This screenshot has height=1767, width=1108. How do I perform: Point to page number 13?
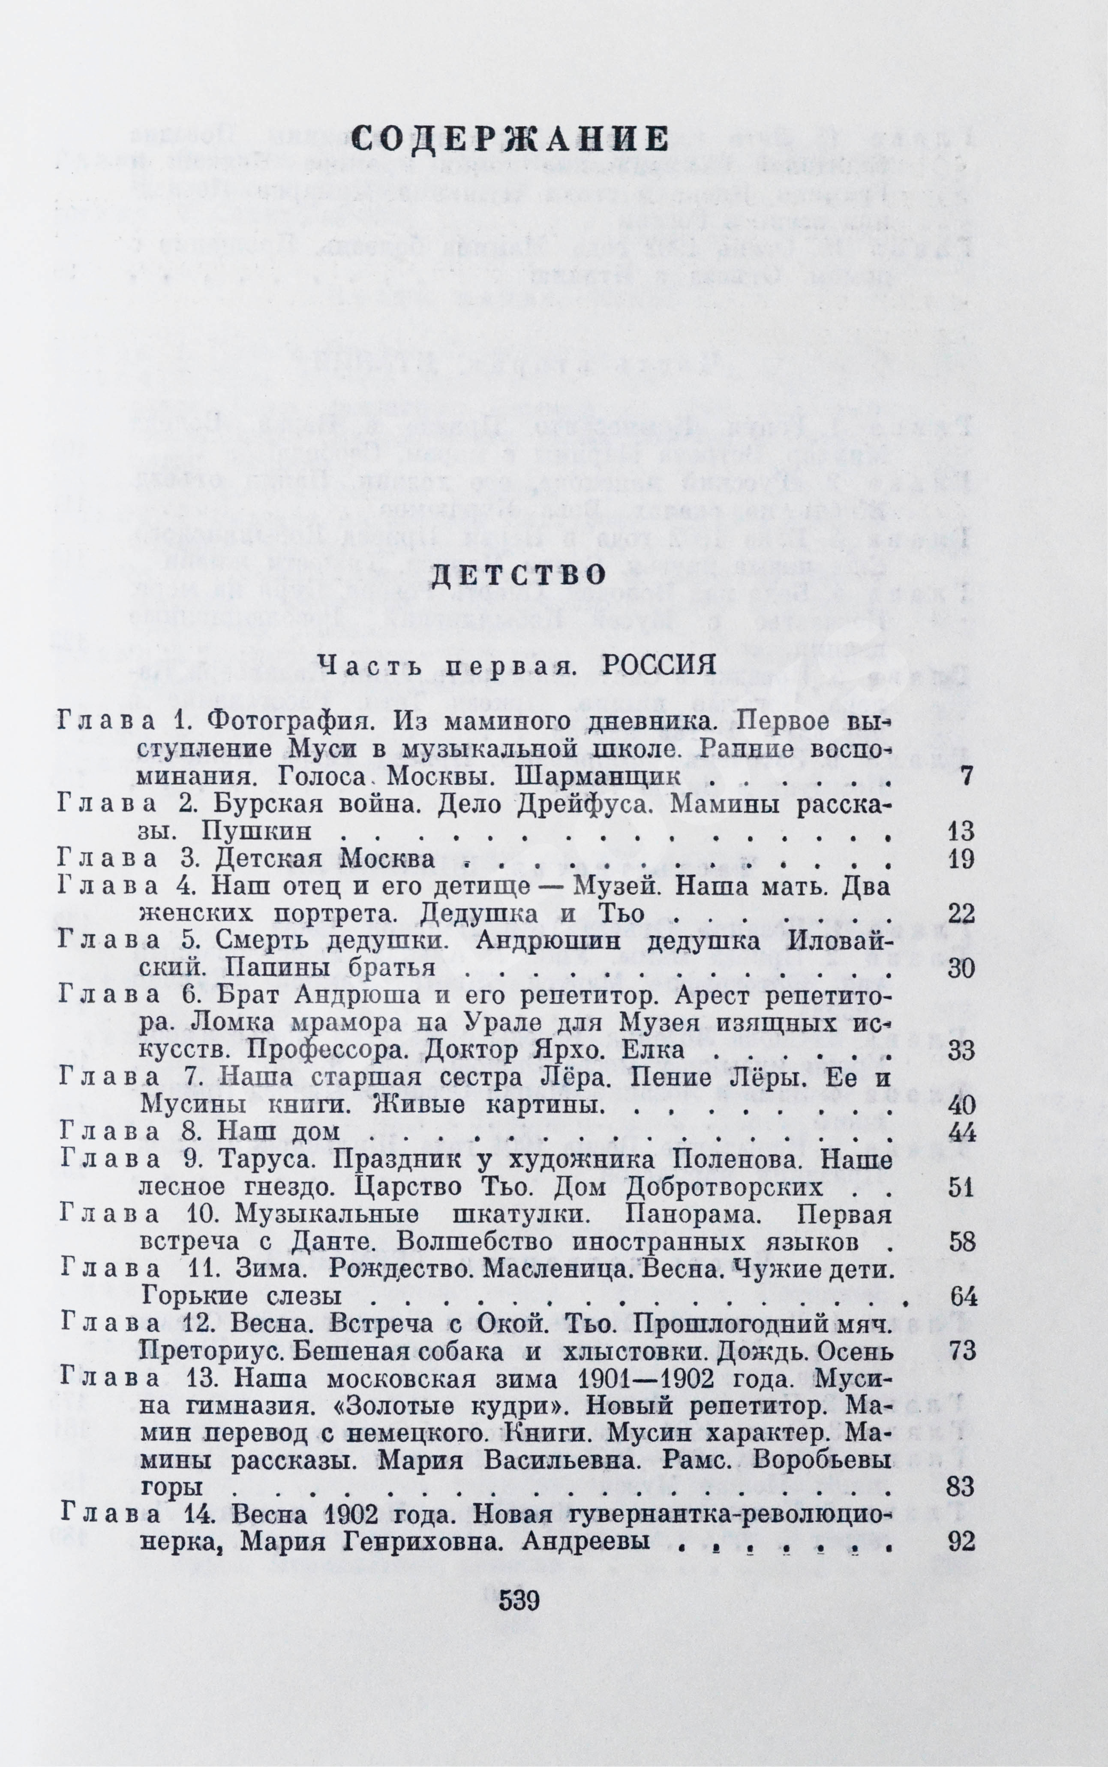point(961,831)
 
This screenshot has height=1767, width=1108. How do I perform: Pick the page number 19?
point(961,859)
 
